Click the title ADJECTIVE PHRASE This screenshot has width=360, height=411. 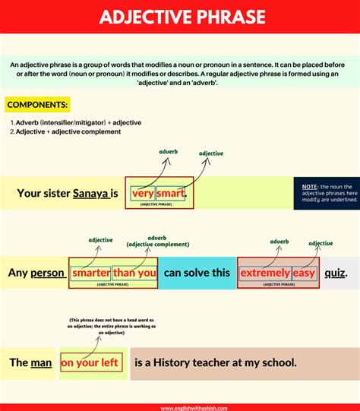pos(180,16)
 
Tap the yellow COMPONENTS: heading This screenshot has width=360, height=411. pos(38,104)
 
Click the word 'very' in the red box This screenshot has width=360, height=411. pos(142,194)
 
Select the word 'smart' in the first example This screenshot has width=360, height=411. pos(171,194)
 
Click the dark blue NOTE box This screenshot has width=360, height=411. pos(326,194)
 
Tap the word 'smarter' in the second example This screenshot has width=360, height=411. pos(90,272)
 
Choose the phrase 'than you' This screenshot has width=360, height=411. pos(135,272)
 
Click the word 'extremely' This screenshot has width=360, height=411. pos(265,272)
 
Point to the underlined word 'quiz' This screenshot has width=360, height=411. pos(335,272)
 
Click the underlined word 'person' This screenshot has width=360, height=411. pos(47,272)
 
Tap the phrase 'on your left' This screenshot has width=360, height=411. pos(90,362)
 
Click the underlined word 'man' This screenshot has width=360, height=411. pos(41,362)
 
